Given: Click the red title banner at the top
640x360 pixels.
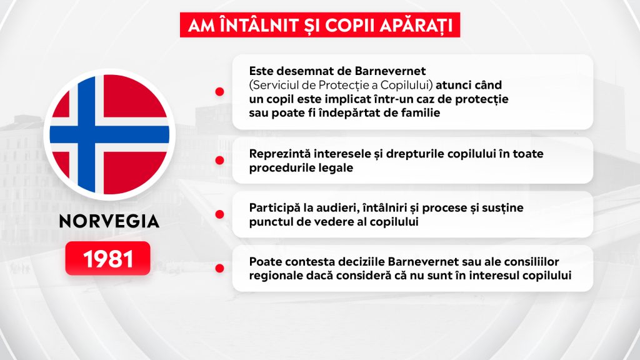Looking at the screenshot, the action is click(320, 25).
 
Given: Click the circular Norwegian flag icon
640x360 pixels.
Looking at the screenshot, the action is click(109, 134).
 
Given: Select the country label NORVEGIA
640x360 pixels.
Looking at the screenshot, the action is click(109, 222).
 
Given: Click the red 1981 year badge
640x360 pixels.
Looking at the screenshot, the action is click(107, 258).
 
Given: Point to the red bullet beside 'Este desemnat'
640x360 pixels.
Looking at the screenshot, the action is click(219, 92).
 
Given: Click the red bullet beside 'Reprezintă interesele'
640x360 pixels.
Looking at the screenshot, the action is click(219, 161).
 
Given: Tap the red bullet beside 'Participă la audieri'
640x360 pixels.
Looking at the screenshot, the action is click(219, 214).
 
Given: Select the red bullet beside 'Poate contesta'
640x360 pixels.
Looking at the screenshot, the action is click(219, 268).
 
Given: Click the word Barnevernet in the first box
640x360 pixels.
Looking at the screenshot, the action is click(390, 71).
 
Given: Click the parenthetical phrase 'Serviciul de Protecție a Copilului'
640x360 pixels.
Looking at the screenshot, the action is click(341, 85).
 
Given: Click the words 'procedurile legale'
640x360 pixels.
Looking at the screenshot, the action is click(301, 168).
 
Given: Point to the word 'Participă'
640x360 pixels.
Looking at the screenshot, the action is click(274, 208).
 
